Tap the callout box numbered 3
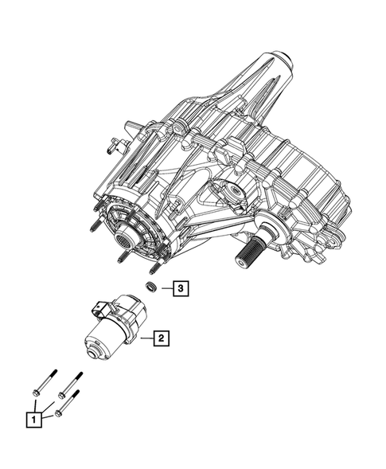click(x=181, y=289)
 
